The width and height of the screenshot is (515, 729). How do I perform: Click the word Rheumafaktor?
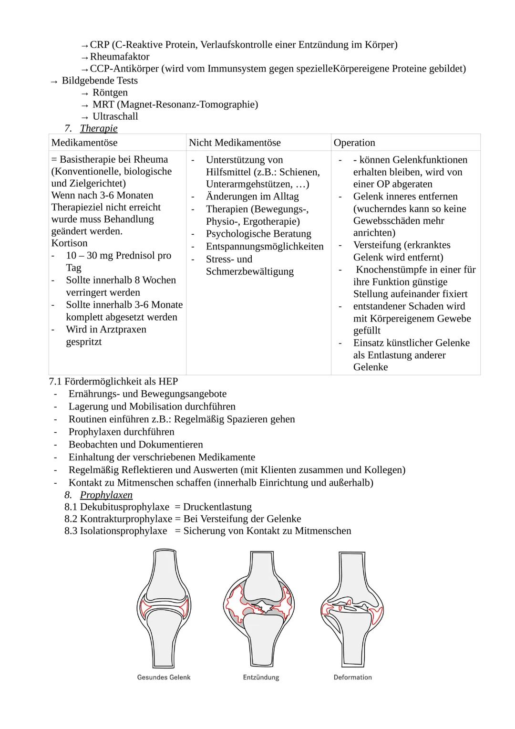pos(120,57)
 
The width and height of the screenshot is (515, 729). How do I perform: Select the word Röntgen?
pos(110,93)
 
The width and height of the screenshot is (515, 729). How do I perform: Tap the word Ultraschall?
pos(115,116)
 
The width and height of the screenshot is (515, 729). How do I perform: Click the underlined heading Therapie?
pos(98,128)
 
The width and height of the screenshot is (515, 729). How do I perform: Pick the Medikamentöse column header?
pos(84,143)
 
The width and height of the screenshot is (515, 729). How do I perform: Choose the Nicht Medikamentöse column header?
pos(235,143)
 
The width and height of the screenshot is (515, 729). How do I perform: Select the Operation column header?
pos(354,143)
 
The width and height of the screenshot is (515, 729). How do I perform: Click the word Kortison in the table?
pos(70,243)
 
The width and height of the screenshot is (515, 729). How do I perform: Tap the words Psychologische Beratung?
pos(258,234)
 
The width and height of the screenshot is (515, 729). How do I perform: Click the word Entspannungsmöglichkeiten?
pos(265,247)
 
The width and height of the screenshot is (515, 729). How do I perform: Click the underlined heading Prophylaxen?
pos(106,495)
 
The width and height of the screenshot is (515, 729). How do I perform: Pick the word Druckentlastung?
pos(217,507)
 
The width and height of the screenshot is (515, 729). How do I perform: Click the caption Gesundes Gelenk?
pos(164,677)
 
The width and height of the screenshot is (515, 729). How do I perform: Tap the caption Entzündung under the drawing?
pos(261,677)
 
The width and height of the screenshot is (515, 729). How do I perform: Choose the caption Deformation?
pos(352,677)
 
